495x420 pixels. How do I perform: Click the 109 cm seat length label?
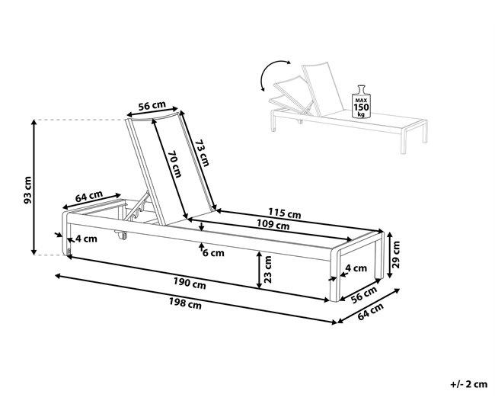[x=273, y=226]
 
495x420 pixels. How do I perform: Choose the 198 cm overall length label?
[x=186, y=305]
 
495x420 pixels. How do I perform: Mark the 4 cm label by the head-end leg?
[x=85, y=239]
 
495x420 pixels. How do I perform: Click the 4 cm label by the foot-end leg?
[x=356, y=268]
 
